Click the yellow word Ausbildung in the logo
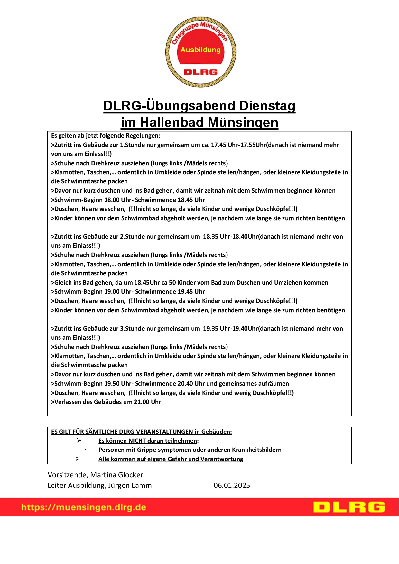(200, 50)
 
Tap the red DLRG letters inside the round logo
(200, 72)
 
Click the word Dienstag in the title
(267, 106)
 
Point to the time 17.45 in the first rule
(218, 145)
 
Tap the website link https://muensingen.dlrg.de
(84, 507)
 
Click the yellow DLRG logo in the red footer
(349, 507)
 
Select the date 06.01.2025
(232, 486)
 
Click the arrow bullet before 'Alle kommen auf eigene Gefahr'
(78, 459)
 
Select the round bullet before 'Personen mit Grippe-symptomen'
(86, 450)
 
